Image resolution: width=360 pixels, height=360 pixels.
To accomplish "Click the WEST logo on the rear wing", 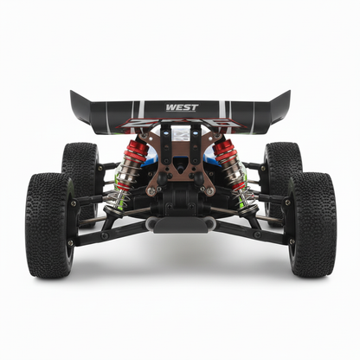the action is [x=182, y=107].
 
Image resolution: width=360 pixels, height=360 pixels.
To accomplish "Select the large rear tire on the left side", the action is [x=49, y=225].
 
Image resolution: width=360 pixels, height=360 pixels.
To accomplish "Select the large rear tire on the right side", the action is [x=312, y=225].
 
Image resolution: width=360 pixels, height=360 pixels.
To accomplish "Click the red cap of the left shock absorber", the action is [x=138, y=151].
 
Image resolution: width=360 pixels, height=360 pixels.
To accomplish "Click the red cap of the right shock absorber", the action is [x=223, y=150].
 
